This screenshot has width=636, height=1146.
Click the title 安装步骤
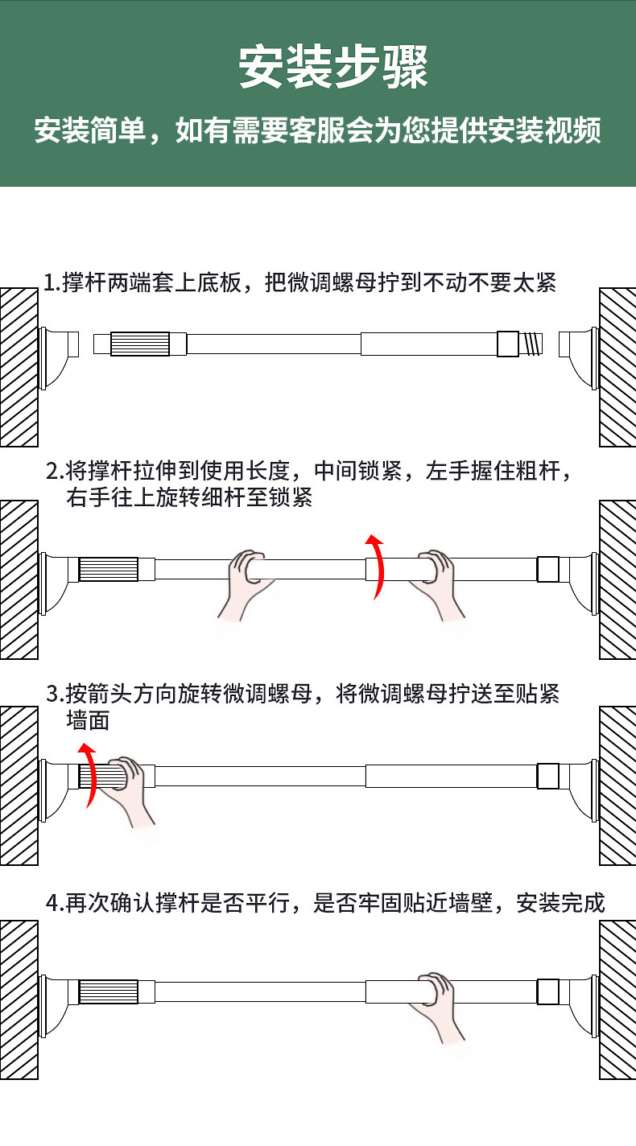coord(333,68)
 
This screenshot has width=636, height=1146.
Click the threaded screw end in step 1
coord(531,344)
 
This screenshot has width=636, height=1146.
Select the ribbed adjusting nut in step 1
coord(140,344)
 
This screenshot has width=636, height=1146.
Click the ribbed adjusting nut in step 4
coord(109,992)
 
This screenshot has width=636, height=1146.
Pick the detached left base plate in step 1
coord(59,357)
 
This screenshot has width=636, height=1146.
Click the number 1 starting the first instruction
coord(50,283)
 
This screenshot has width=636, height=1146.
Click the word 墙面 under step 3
coord(88,720)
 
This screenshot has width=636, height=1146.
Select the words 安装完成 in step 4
coord(560,903)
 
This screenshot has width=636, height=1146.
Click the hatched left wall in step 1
coord(19,367)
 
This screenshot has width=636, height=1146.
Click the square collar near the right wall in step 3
coord(548,776)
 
